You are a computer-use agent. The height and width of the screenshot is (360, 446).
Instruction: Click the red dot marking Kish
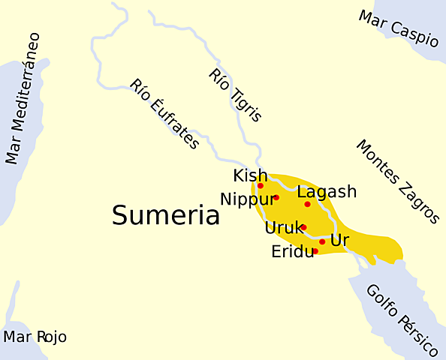coord(261,185)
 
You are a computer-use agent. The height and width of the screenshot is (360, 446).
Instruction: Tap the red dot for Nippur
coord(276,197)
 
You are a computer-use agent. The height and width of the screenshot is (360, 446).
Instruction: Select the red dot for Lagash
coord(307,204)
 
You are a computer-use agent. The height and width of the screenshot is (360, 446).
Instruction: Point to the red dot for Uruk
coord(304,226)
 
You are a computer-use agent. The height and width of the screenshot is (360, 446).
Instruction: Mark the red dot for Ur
coord(322,241)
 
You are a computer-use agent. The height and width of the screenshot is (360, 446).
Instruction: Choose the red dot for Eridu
coord(315,251)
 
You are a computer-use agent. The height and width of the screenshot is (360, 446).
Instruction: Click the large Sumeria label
coord(165,216)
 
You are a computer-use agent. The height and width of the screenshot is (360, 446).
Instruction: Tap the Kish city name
coord(250,175)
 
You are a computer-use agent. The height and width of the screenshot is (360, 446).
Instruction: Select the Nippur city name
coord(244,199)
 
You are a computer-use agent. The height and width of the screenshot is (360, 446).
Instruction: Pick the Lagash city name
coord(327,192)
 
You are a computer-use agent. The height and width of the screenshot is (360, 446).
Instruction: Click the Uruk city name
coord(283,227)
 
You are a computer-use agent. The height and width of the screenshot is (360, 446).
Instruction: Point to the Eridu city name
coord(292,252)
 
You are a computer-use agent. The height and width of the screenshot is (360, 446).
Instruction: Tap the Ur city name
coord(340,241)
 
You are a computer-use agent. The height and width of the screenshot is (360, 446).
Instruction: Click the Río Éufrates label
coord(164,114)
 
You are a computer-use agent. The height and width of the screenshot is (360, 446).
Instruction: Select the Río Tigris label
coord(236,94)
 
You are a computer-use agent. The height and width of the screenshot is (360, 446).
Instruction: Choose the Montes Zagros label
coord(397,181)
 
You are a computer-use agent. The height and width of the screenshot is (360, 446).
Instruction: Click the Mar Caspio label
coord(398,28)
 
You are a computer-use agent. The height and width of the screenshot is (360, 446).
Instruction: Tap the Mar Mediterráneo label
coord(23,98)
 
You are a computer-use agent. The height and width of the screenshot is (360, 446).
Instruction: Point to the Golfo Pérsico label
coord(402,320)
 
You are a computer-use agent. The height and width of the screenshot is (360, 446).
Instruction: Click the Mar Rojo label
coord(35,337)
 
